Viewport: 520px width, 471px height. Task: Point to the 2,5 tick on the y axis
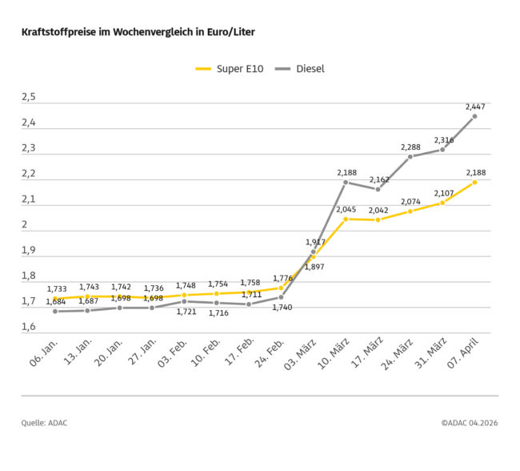pos(29,97)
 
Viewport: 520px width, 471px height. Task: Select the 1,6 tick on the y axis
pos(29,327)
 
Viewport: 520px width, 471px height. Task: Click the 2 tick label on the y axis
pos(25,224)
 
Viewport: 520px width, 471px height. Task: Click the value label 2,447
pos(475,106)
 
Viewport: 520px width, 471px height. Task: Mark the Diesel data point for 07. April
pos(474,116)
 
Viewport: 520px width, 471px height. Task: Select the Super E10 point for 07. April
pos(474,182)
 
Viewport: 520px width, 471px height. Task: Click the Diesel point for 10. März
pos(346,182)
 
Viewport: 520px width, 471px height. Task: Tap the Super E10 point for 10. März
pos(346,219)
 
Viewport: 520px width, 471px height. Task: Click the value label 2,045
pos(346,209)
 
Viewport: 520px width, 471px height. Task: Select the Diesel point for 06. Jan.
pos(56,311)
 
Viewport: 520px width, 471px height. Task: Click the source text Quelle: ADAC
pos(44,422)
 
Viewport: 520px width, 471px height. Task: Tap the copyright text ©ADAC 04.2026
pos(469,422)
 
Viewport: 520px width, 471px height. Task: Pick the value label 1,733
pos(56,288)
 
